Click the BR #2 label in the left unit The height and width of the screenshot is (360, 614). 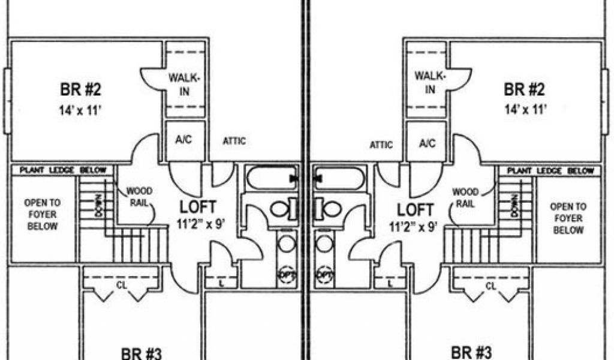click(x=81, y=90)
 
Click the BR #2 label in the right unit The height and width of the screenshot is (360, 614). click(x=525, y=90)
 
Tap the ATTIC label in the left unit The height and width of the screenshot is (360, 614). click(x=234, y=142)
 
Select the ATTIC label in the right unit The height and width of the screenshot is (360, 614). click(x=381, y=145)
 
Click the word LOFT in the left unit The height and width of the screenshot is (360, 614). click(x=198, y=208)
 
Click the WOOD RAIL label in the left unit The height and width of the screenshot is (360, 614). click(x=139, y=196)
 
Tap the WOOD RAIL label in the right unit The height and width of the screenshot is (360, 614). click(x=465, y=197)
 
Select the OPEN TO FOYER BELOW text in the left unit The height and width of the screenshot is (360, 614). click(x=42, y=215)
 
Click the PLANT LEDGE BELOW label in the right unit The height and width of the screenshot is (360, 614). click(x=550, y=171)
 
